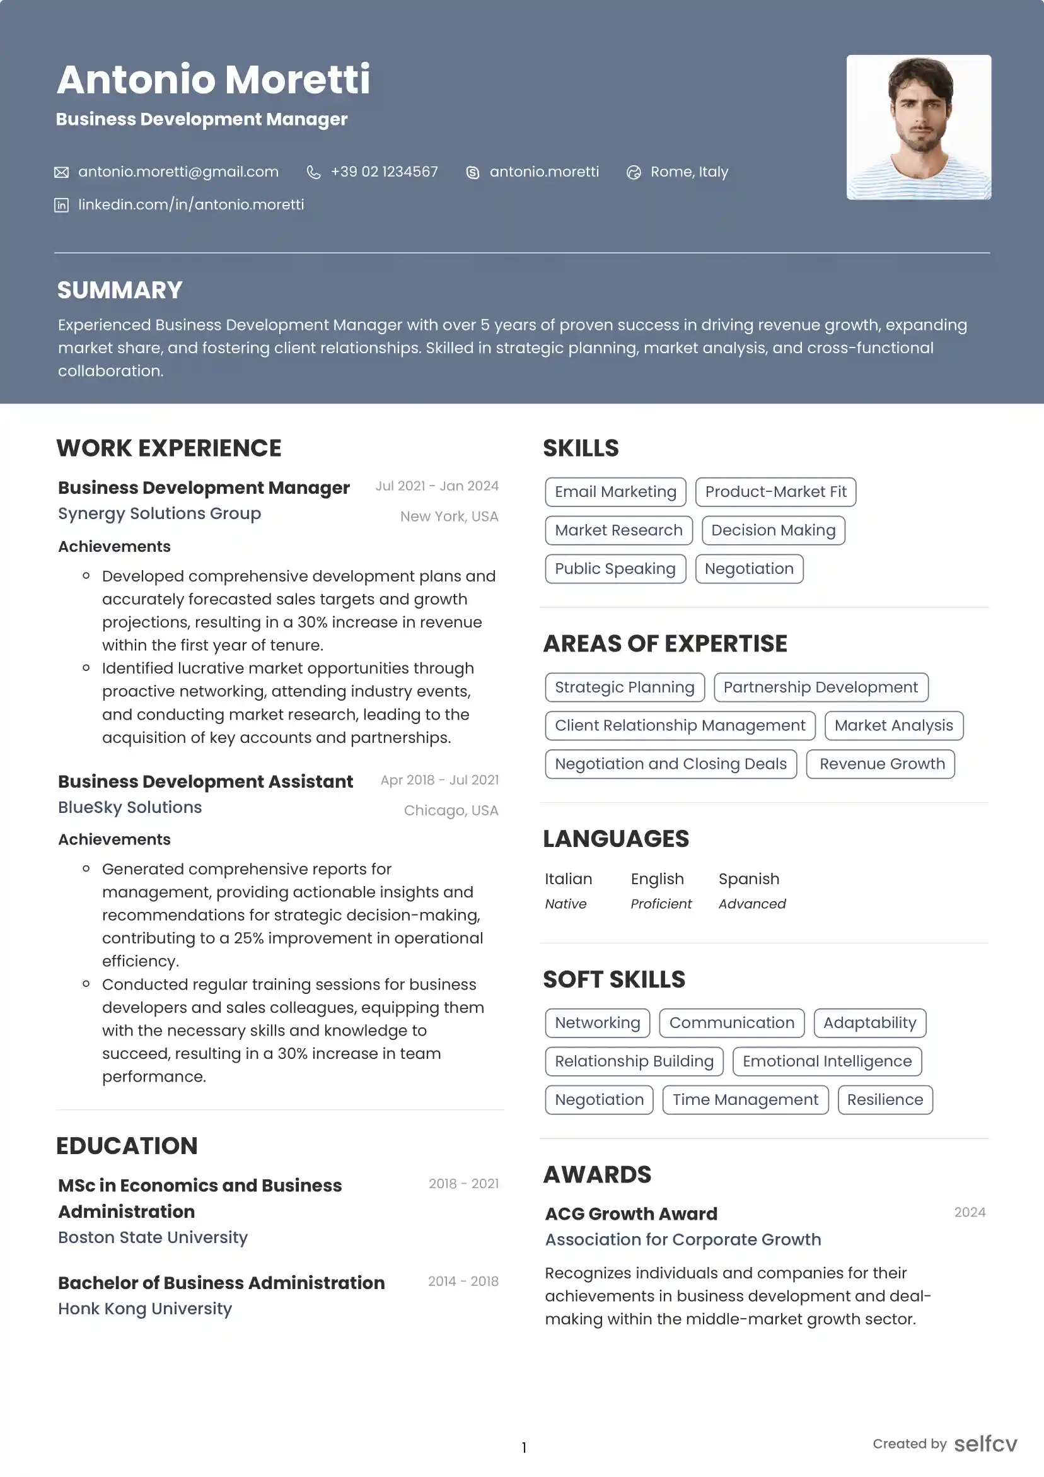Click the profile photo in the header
point(918,127)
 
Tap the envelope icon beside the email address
point(61,172)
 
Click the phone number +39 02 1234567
point(384,172)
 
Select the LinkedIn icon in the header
point(61,205)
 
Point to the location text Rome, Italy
point(689,172)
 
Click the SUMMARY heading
point(120,290)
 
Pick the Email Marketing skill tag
point(615,492)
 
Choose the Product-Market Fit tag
point(775,492)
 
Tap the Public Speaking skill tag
point(615,569)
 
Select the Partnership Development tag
point(820,687)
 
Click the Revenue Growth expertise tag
point(881,764)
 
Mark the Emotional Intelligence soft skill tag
point(826,1061)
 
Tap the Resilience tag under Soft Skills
point(884,1099)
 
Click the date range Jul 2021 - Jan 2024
point(437,486)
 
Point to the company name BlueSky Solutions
point(130,807)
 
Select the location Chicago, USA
point(451,810)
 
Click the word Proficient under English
point(661,904)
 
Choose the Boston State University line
point(153,1237)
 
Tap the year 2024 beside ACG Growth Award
point(970,1212)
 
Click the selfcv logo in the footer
point(985,1444)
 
